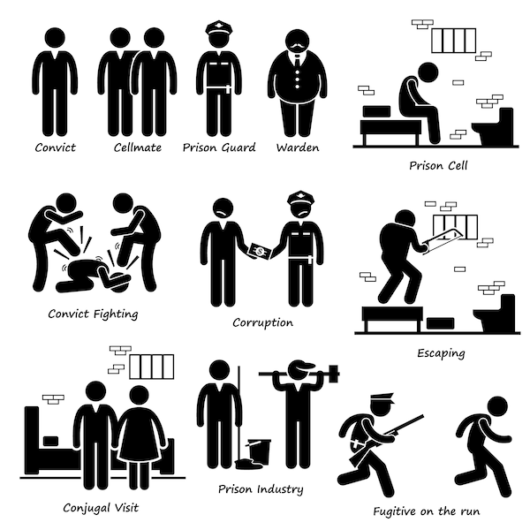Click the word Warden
tap(298, 148)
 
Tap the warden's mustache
tap(298, 46)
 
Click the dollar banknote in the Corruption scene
tap(261, 252)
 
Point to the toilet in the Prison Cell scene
tap(494, 126)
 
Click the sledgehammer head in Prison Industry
tap(334, 374)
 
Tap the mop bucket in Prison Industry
tap(260, 451)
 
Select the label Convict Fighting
tap(93, 314)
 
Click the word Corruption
tap(262, 322)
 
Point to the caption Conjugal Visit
tap(101, 508)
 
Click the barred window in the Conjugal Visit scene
tap(152, 367)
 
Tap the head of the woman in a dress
tap(139, 396)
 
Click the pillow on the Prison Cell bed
tap(376, 111)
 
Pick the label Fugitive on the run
tap(427, 511)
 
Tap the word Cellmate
tap(138, 148)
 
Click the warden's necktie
tap(297, 62)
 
